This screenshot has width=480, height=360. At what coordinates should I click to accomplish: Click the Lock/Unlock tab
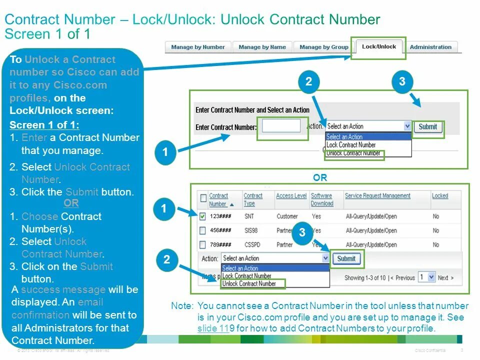tap(378, 47)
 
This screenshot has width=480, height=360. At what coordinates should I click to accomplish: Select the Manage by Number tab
tap(198, 47)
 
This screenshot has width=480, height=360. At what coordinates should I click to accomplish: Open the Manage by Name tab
tap(262, 47)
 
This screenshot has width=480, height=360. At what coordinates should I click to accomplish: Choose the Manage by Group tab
tap(323, 47)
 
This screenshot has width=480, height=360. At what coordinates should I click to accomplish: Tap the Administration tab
tap(430, 47)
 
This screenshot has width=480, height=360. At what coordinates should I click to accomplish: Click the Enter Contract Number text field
tap(281, 126)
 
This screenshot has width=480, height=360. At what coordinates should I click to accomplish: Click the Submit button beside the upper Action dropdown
tap(427, 126)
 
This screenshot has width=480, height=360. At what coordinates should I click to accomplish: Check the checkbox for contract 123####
tap(202, 216)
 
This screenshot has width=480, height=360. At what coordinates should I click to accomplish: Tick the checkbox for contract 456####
tap(202, 230)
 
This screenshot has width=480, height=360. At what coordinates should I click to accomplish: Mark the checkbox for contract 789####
tap(202, 245)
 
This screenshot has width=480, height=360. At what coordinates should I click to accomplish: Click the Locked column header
tap(440, 196)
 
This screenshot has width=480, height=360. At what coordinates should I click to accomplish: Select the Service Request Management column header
tap(377, 196)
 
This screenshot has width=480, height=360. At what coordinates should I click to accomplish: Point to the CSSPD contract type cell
tap(252, 245)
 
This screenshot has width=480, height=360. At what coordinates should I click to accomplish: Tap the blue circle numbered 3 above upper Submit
tap(402, 82)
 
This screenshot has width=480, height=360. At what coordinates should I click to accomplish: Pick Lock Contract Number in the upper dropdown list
tap(350, 145)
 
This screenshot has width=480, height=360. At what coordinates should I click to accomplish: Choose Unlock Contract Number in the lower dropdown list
tap(249, 283)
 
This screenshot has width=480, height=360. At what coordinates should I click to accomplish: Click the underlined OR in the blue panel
tap(71, 203)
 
